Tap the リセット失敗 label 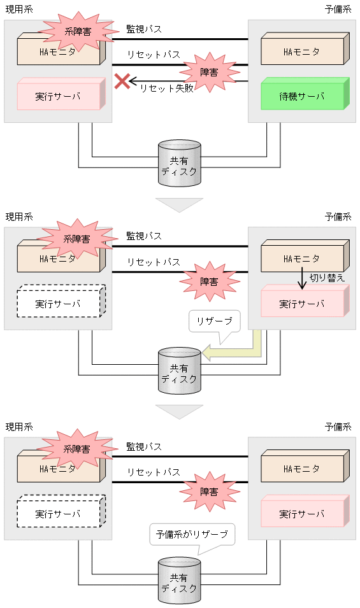166,88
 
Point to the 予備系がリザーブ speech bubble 192,534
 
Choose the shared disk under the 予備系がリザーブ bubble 179,581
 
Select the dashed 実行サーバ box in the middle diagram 59,303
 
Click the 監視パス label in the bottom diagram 144,446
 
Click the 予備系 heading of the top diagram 338,9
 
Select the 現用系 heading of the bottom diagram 18,426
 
